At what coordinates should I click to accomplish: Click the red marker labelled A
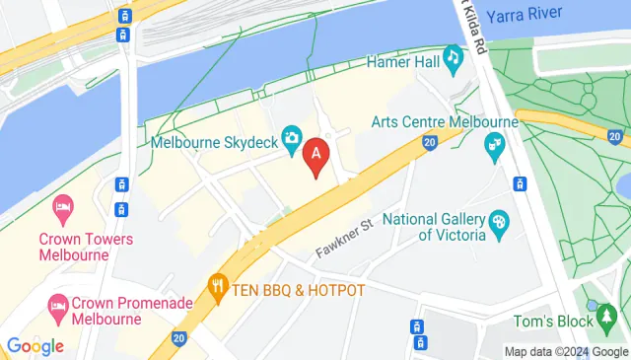coord(315,154)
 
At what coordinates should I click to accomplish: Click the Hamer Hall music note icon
coord(454,57)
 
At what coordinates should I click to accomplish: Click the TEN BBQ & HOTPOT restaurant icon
coord(217,290)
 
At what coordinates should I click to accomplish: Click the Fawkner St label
coord(344,238)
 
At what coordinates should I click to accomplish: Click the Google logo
coord(35,346)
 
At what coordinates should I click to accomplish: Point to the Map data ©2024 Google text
coord(565,351)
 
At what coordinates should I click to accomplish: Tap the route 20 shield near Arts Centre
coord(429,143)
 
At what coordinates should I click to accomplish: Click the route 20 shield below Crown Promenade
coord(178,338)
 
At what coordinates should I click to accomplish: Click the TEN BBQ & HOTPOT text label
coord(300,290)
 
